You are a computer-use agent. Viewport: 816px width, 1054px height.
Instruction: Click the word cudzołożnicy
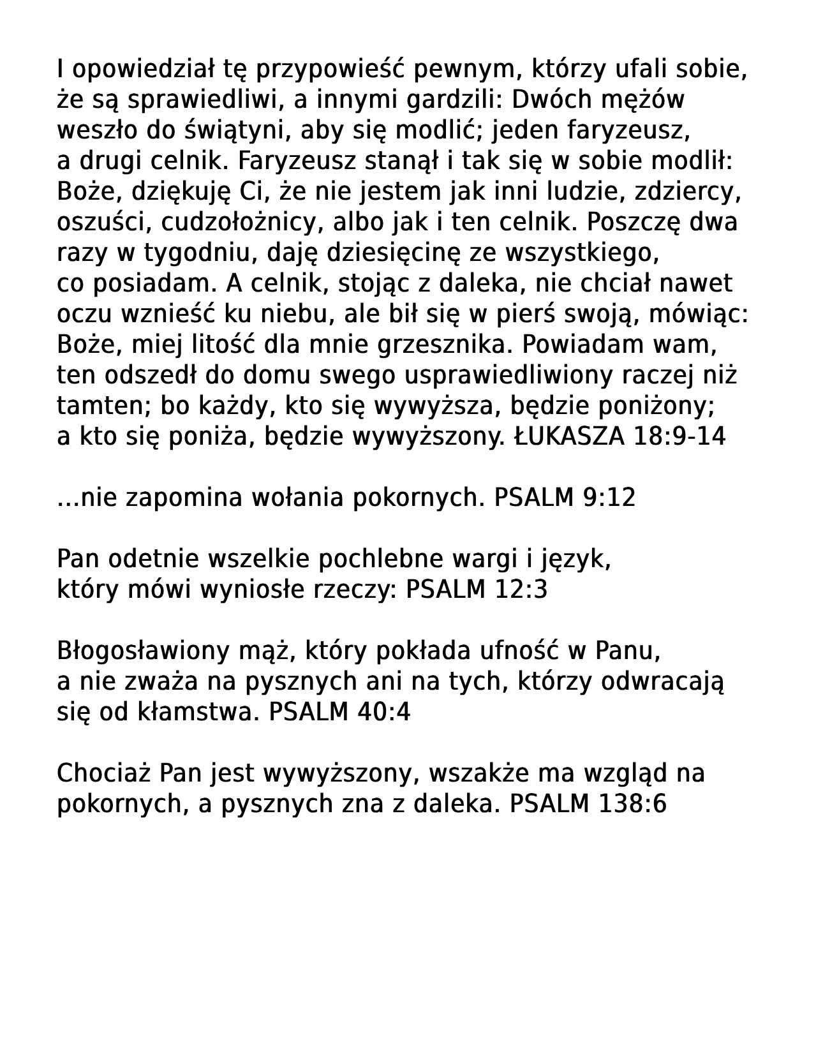coord(238,223)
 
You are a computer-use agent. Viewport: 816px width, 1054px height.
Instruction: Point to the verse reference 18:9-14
coord(680,437)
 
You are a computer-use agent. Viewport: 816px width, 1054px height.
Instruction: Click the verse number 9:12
coord(609,498)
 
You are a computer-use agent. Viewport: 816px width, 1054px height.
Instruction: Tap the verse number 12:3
coord(521,590)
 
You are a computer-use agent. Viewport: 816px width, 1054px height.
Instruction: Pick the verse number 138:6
coord(632,805)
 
